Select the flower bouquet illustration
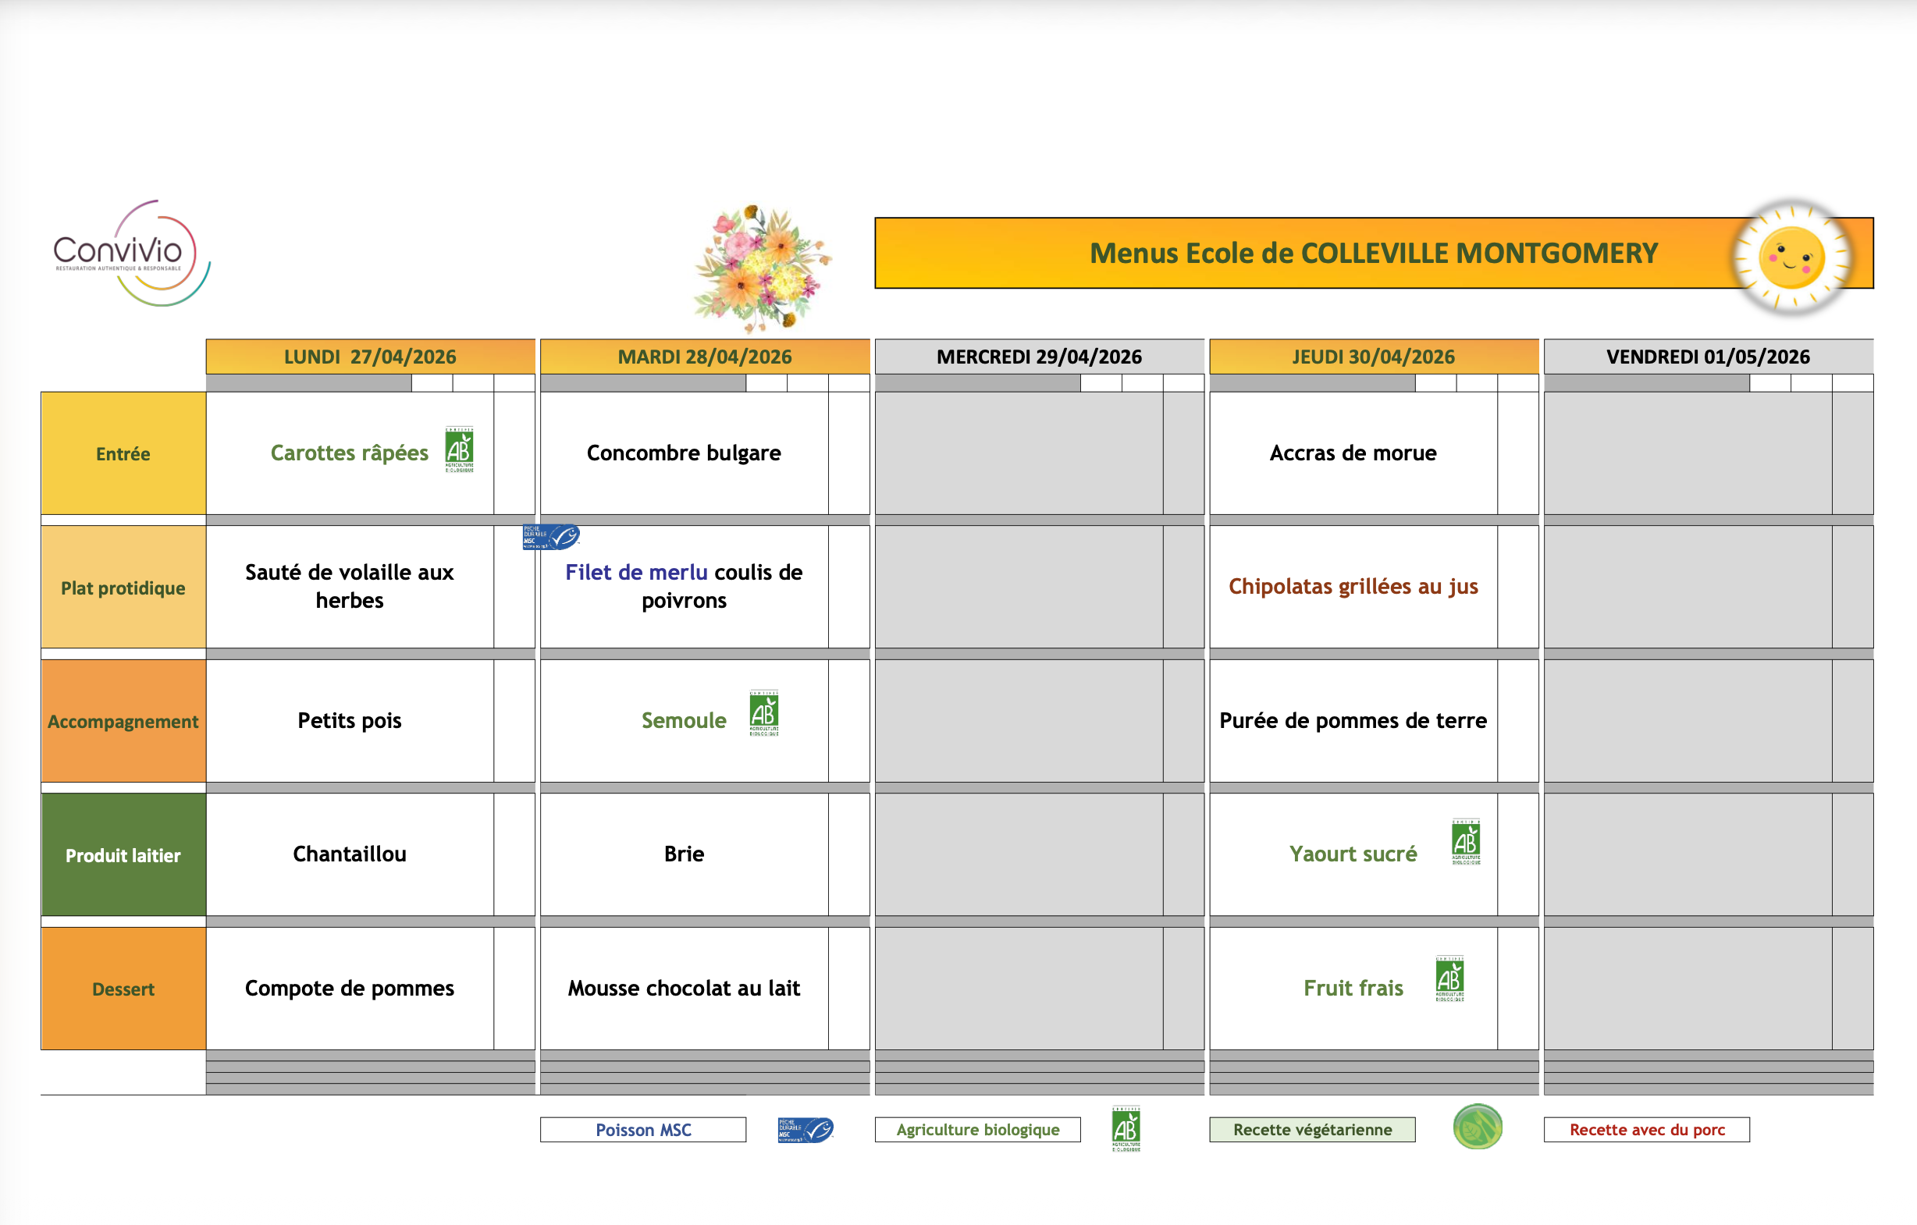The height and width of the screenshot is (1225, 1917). (x=762, y=268)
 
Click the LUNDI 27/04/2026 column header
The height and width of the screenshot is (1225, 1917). (x=370, y=357)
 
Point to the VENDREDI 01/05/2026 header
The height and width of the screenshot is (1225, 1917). (x=1709, y=357)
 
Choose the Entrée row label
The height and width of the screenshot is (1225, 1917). (x=123, y=453)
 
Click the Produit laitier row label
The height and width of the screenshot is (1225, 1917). (x=123, y=855)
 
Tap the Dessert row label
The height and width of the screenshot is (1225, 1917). (x=123, y=989)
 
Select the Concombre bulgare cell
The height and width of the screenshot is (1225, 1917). (x=684, y=453)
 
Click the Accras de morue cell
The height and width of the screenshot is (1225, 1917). (x=1353, y=453)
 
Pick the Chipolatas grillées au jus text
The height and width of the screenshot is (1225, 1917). (x=1353, y=587)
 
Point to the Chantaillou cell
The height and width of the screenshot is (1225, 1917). (x=350, y=854)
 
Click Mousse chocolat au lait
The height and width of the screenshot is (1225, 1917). (x=684, y=988)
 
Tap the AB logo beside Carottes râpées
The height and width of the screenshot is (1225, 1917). (x=460, y=449)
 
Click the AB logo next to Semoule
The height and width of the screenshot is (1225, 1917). (x=763, y=712)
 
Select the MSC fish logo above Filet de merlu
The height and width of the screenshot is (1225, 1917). (x=551, y=538)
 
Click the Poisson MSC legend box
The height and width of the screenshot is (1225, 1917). (x=643, y=1130)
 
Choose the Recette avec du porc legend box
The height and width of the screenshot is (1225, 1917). (x=1647, y=1130)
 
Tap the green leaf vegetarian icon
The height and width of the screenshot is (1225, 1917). (x=1478, y=1127)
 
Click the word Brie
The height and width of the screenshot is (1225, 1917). (x=684, y=854)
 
